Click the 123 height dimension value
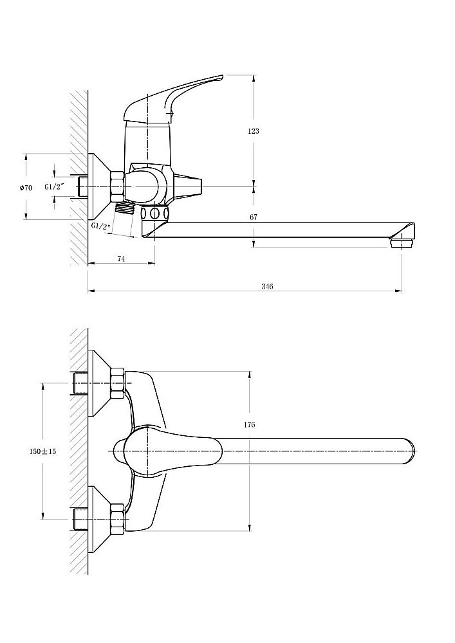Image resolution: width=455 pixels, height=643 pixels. tap(253, 131)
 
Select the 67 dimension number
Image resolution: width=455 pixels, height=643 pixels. tap(254, 217)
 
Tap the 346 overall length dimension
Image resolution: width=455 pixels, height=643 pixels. tap(268, 286)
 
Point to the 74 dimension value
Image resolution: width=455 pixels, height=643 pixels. tap(121, 258)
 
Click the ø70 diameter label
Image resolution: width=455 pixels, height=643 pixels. tap(26, 187)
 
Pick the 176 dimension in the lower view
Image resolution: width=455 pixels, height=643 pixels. tap(250, 424)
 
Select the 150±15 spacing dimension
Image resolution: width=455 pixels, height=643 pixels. tap(43, 451)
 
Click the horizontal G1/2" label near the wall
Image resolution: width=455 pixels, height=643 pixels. tap(55, 186)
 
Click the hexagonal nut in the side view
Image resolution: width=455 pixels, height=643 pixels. tap(117, 186)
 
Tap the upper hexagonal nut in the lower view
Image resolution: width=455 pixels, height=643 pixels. tap(117, 381)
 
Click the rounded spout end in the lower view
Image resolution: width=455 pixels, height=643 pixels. tap(409, 450)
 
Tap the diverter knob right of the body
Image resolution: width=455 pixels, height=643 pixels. tap(190, 186)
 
